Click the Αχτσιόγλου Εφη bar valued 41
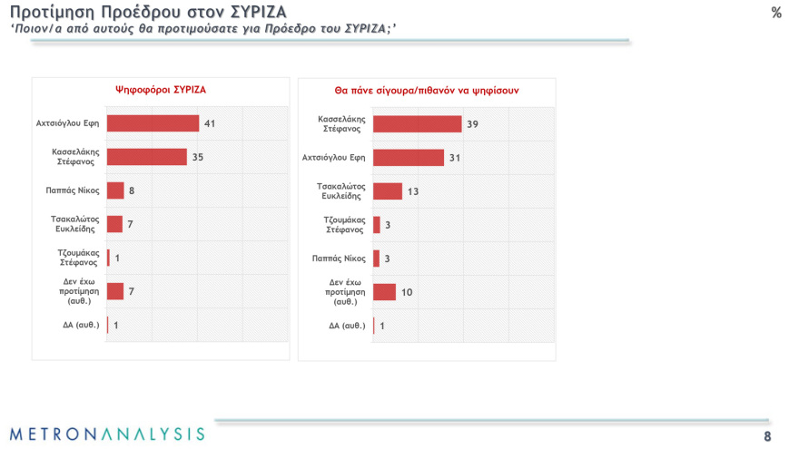153,123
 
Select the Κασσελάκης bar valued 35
146,157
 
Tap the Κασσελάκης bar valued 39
417,123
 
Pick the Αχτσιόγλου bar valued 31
408,157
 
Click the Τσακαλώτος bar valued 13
387,191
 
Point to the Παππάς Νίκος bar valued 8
115,190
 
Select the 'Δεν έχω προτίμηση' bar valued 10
384,292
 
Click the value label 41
210,123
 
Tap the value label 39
472,123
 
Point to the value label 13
412,191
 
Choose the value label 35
197,157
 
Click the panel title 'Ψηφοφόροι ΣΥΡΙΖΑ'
161,90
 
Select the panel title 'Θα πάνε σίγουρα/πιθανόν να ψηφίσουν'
426,91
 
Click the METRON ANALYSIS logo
107,434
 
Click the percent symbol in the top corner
776,13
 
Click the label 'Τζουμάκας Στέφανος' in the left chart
79,258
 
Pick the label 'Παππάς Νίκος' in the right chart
346,259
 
